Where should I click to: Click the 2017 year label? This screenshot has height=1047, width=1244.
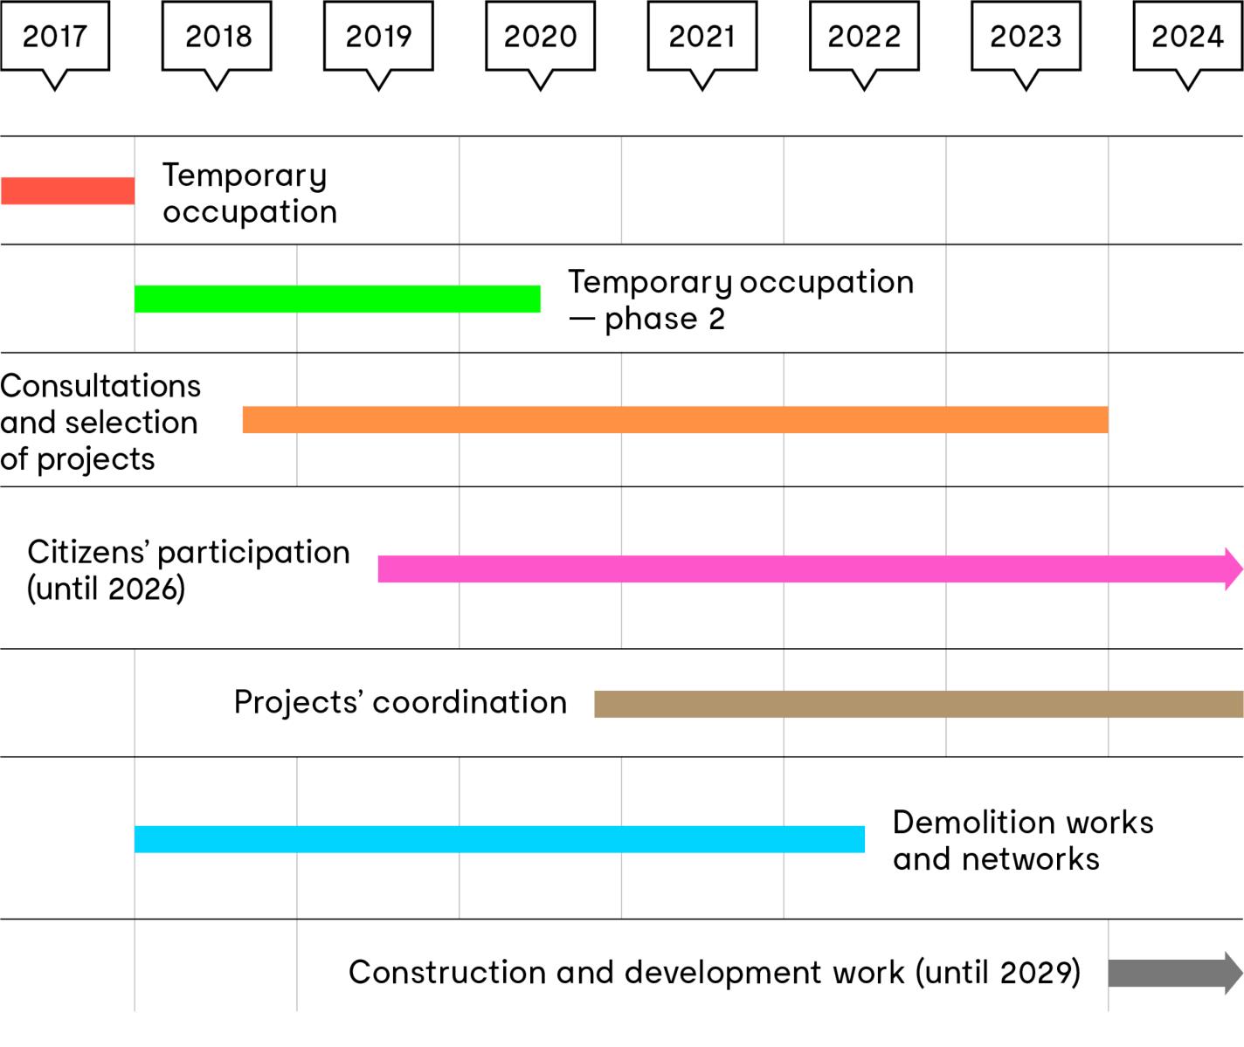pos(54,37)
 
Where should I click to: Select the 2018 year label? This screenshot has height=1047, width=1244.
pos(218,37)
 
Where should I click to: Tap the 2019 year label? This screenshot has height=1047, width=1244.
pos(378,37)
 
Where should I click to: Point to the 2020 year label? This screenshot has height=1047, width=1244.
pos(541,37)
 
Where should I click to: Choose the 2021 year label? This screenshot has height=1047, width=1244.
pos(702,37)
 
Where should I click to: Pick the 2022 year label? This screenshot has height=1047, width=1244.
pos(864,37)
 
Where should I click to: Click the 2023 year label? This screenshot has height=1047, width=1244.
pos(1026,37)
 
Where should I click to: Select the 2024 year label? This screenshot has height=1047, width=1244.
pos(1187,37)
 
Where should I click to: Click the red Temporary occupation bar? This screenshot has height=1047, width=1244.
pos(67,191)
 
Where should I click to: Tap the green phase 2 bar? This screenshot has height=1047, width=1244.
pos(337,299)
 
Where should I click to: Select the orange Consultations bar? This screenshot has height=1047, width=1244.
pos(674,420)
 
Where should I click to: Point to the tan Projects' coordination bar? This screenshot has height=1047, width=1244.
pos(917,704)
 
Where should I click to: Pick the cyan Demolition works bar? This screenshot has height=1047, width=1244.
pos(500,839)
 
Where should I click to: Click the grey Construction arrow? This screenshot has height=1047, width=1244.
pos(1171,974)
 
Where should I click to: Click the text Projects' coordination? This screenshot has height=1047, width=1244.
pos(401,703)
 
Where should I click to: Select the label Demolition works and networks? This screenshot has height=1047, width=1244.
pos(1023,841)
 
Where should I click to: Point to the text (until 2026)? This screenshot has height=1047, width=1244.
pos(107,590)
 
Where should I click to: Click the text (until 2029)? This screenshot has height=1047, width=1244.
pos(999,973)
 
